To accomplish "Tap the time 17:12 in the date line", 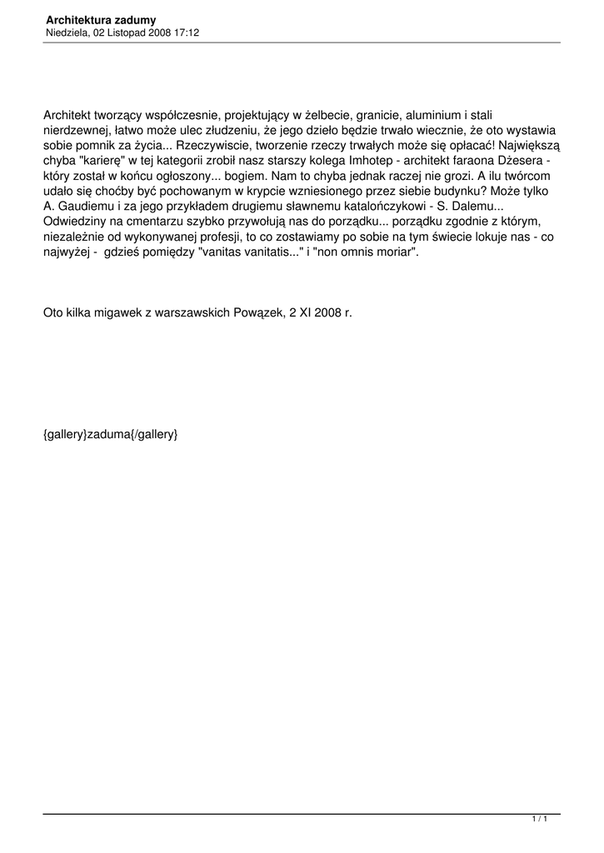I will (187, 32).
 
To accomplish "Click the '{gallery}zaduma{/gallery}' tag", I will (111, 434).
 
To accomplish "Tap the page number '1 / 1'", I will (539, 820).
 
